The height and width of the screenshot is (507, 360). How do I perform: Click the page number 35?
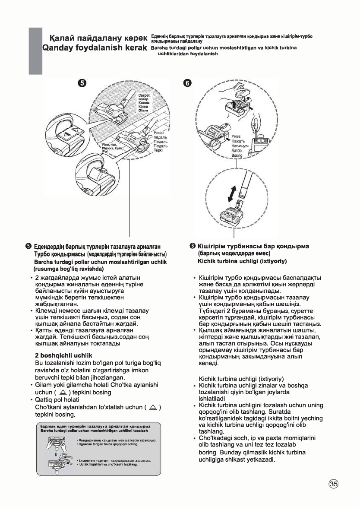[x=333, y=483]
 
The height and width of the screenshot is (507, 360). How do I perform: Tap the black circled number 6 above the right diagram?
[x=187, y=83]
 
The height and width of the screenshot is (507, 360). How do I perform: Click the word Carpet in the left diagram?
[x=144, y=96]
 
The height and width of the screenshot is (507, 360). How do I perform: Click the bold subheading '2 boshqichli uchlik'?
[x=64, y=355]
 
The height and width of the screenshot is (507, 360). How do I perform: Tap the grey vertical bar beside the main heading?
[x=35, y=51]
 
